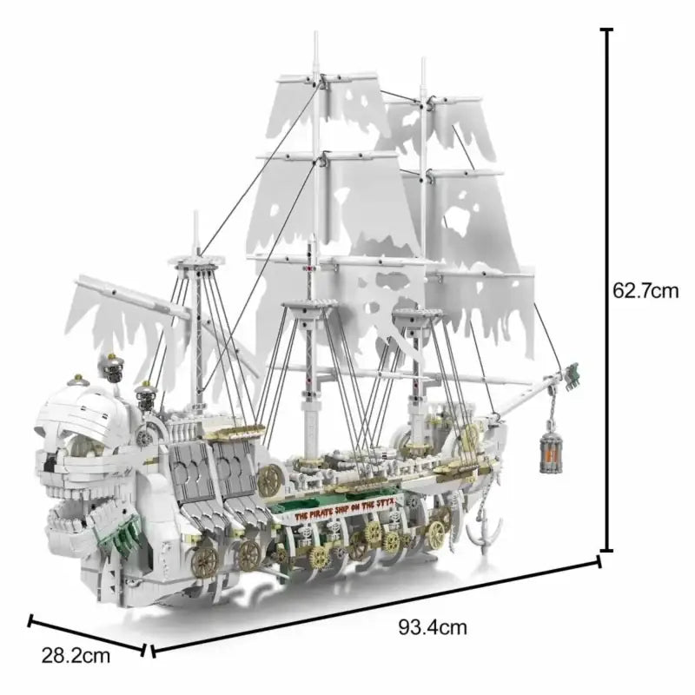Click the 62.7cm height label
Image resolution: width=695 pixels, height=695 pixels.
tap(645, 290)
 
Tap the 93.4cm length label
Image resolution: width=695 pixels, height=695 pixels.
tap(432, 626)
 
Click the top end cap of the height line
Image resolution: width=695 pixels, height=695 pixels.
tap(606, 30)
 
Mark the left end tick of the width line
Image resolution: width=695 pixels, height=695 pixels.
tap(31, 621)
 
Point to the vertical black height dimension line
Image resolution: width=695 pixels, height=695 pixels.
tap(606, 290)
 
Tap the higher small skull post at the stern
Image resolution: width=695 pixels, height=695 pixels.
tap(111, 367)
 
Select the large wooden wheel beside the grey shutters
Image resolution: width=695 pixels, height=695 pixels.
tap(270, 480)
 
